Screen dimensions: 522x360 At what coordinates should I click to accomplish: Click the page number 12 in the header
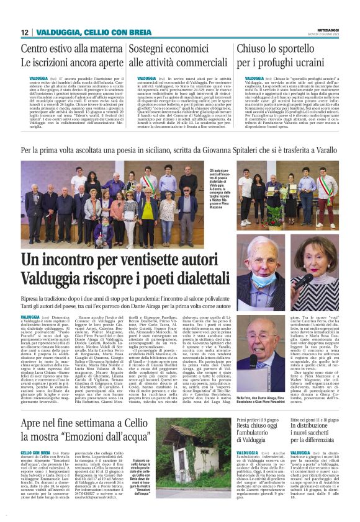pyautogui.click(x=25, y=32)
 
